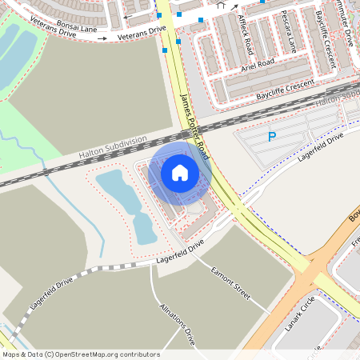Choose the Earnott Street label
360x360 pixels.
(x=231, y=284)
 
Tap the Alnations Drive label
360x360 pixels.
(x=177, y=324)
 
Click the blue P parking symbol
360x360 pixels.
(x=272, y=138)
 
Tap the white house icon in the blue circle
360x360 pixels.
(x=179, y=172)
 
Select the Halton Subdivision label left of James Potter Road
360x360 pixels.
(x=113, y=147)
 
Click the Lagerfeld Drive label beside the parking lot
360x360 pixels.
(x=320, y=148)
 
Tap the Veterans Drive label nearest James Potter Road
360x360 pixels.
(x=141, y=34)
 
